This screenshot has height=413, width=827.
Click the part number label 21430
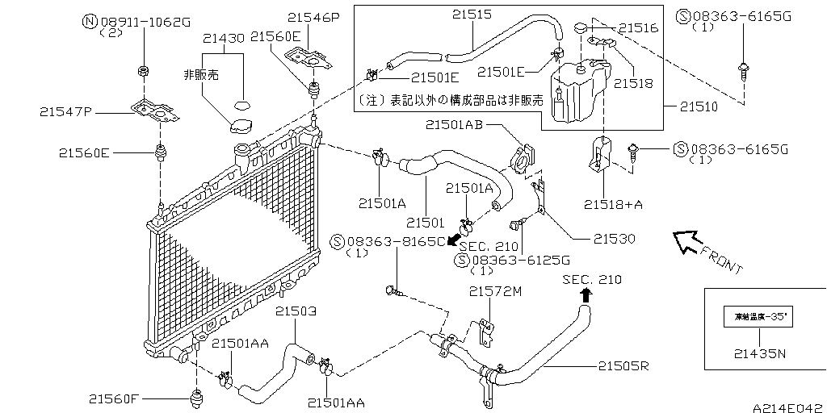point(224,38)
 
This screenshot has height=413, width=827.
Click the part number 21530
point(615,239)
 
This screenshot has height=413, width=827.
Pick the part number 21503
point(296,311)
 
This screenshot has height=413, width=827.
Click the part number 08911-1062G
point(139,21)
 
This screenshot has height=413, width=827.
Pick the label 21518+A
point(611,205)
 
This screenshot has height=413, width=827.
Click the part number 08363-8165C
point(397,241)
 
